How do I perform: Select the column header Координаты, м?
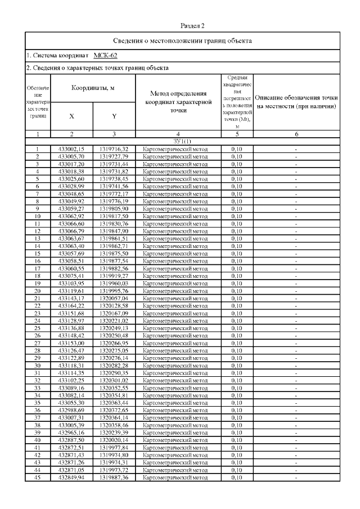click(93, 88)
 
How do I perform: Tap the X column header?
click(71, 116)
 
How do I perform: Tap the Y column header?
click(114, 116)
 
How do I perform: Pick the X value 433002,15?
click(71, 149)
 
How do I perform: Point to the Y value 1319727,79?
click(114, 156)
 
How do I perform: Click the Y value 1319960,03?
click(114, 283)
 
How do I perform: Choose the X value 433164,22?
click(71, 305)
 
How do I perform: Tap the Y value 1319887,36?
click(114, 477)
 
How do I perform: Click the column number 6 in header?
click(296, 134)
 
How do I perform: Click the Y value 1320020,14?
click(114, 440)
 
